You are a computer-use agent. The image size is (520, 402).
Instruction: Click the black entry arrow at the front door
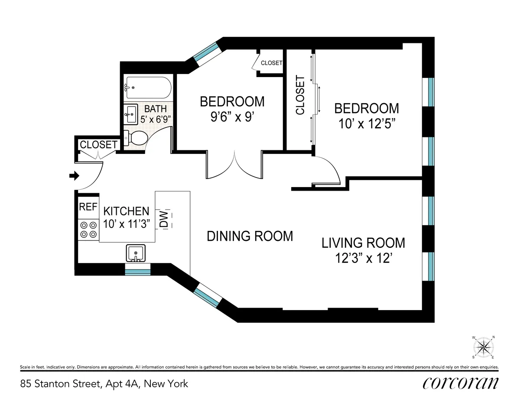coord(74,176)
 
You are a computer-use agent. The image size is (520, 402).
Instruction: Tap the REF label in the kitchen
coord(88,207)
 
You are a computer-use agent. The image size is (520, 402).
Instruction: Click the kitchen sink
coord(136,253)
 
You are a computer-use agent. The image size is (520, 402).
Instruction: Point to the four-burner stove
coord(88,230)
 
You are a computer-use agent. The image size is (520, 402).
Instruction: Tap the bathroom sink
coord(130,115)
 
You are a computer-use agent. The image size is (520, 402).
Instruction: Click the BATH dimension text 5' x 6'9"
coord(155,118)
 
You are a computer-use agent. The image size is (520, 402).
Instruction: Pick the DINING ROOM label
coord(250,236)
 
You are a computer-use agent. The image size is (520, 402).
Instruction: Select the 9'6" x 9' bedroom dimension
coord(231,117)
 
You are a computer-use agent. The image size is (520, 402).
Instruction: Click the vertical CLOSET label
coord(300,95)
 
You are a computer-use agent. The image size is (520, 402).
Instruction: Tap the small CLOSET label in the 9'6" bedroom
coord(271,63)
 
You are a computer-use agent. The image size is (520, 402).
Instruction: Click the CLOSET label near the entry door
coord(99,144)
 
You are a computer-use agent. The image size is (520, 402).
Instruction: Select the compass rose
coord(484,347)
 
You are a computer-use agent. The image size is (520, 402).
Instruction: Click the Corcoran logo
coord(460,383)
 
